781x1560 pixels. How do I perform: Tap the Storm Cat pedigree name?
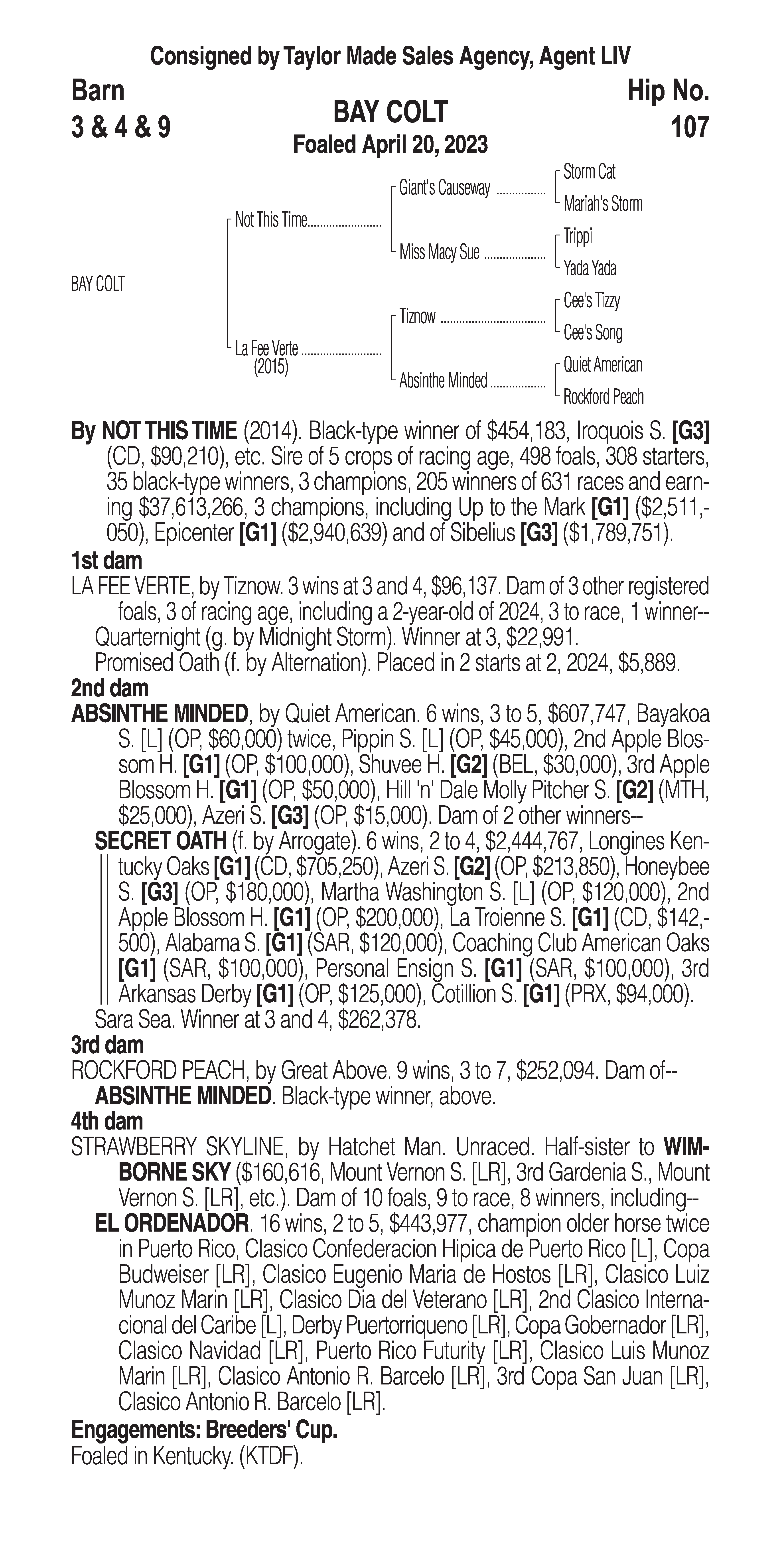click(589, 172)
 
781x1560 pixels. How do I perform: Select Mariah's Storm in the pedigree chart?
click(602, 204)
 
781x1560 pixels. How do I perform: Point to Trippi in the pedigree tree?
click(578, 236)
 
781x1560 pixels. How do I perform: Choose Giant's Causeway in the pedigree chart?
click(444, 188)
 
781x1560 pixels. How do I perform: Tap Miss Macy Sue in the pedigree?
click(439, 252)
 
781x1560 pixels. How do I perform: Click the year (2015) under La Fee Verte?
click(271, 367)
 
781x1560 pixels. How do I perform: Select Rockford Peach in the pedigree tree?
click(603, 397)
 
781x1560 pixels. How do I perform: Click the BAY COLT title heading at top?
click(390, 112)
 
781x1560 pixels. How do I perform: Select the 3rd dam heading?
click(107, 1045)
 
